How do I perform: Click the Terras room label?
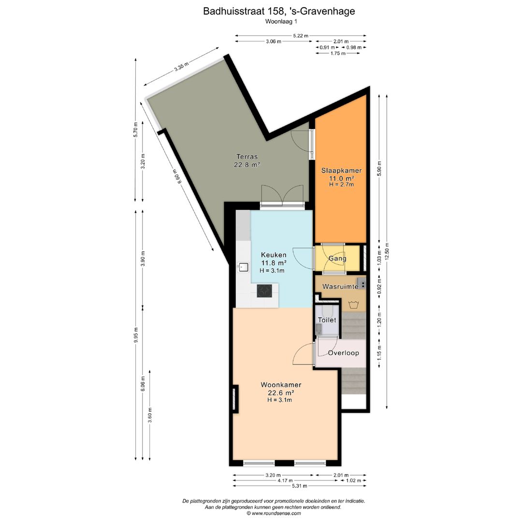pyautogui.click(x=247, y=157)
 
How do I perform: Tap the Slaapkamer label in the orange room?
pyautogui.click(x=341, y=171)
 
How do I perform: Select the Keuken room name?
pyautogui.click(x=274, y=255)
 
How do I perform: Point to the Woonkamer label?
pyautogui.click(x=281, y=385)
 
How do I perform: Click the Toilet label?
pyautogui.click(x=327, y=320)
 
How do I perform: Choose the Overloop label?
pyautogui.click(x=344, y=353)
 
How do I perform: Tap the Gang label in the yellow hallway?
pyautogui.click(x=337, y=258)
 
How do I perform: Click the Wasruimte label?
pyautogui.click(x=340, y=286)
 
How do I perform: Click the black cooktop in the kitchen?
pyautogui.click(x=264, y=290)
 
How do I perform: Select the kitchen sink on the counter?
pyautogui.click(x=243, y=267)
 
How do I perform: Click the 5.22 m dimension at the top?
pyautogui.click(x=301, y=36)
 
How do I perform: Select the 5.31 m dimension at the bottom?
pyautogui.click(x=300, y=486)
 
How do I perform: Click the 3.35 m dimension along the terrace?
pyautogui.click(x=181, y=67)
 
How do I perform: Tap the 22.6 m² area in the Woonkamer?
pyautogui.click(x=281, y=393)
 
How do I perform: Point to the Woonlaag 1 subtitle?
pyautogui.click(x=281, y=22)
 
